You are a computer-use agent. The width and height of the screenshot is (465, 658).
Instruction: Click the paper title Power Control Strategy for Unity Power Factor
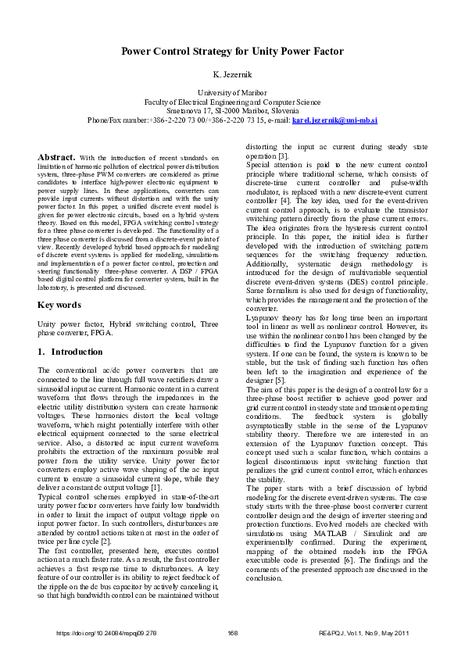pos(232,52)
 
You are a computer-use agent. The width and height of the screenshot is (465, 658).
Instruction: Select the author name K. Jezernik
pos(232,76)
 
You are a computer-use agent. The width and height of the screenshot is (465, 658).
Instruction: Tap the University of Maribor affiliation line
pos(232,93)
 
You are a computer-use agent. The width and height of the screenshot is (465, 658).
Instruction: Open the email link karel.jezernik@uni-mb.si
pos(334,121)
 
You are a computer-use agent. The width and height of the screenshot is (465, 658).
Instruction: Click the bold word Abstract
pos(56,157)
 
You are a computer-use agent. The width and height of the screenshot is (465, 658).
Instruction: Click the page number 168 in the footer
pos(232,632)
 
